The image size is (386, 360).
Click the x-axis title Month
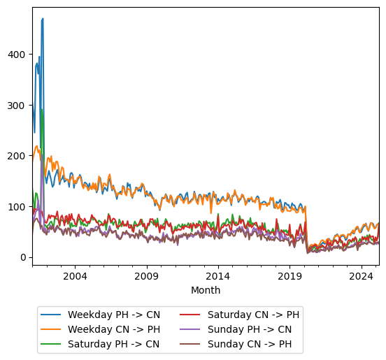pyautogui.click(x=206, y=290)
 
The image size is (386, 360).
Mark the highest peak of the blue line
pyautogui.click(x=43, y=19)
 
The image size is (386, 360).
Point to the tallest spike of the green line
pyautogui.click(x=42, y=110)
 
